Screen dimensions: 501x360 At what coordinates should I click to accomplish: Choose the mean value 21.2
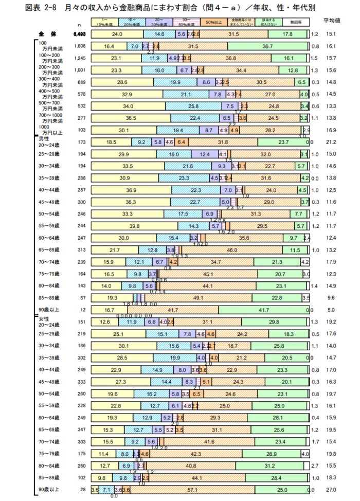point(332,141)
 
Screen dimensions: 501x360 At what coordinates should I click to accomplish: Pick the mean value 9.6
point(332,297)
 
